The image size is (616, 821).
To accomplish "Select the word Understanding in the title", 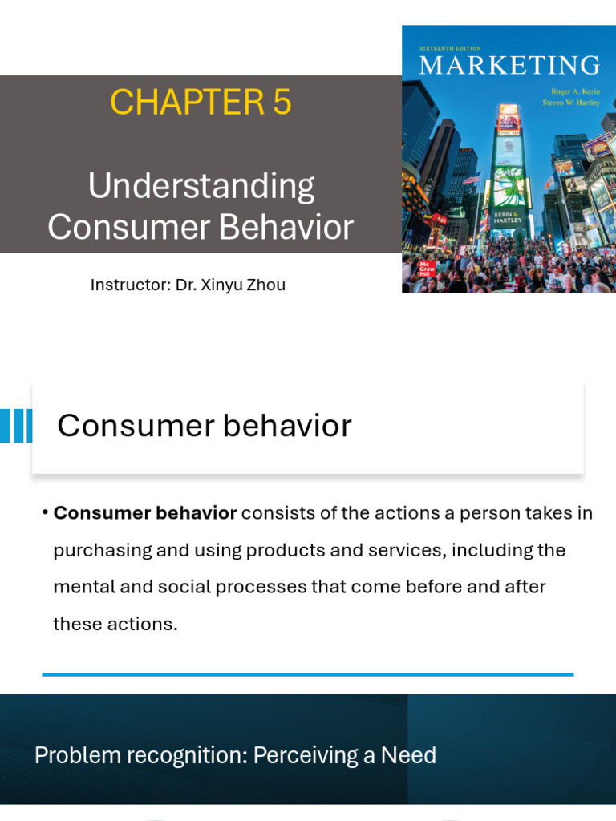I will point(201,187).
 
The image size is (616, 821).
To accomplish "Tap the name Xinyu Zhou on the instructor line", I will point(247,285).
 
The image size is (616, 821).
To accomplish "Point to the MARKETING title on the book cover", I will point(509,65).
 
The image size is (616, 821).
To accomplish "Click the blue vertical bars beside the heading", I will point(16,425).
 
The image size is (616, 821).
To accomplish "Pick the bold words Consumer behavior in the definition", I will point(144,513).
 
